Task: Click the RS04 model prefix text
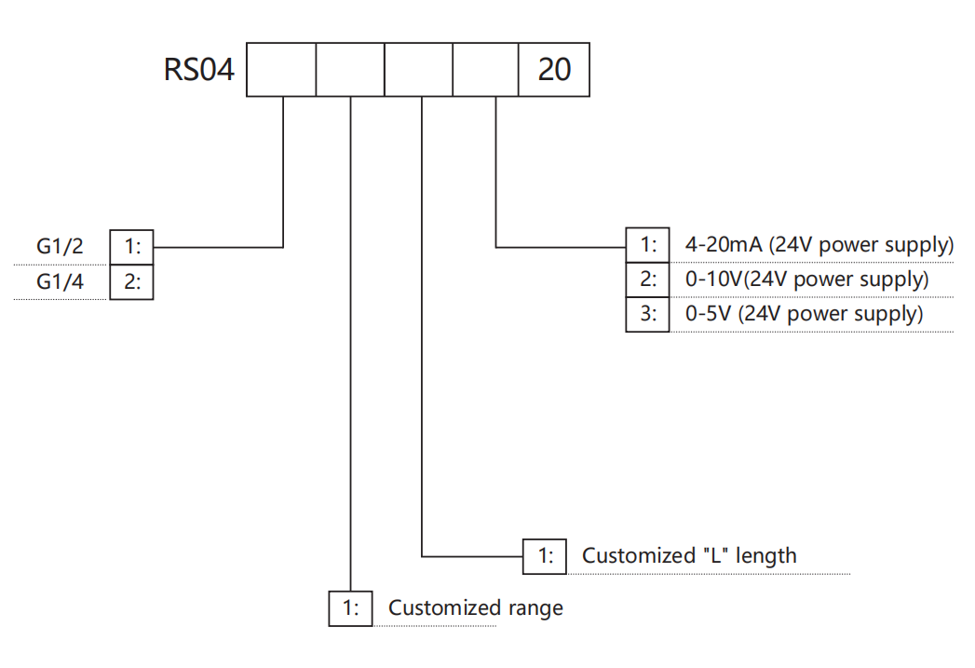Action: click(x=199, y=70)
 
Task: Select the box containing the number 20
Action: click(x=554, y=70)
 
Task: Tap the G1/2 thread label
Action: click(x=61, y=247)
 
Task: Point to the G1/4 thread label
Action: click(x=61, y=281)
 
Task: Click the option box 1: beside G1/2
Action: click(x=131, y=247)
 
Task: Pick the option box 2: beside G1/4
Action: click(x=131, y=281)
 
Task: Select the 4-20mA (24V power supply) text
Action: click(x=819, y=246)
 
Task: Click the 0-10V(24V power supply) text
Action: click(x=806, y=279)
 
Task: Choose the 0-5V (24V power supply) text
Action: click(x=804, y=314)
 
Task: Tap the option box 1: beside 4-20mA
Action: click(x=647, y=246)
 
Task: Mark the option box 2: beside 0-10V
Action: click(x=647, y=279)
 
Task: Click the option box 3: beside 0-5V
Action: click(x=647, y=314)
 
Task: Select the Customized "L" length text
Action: click(x=689, y=556)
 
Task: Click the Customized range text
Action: click(x=475, y=608)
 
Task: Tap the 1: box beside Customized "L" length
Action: click(x=545, y=556)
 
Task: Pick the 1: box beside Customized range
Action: click(x=351, y=608)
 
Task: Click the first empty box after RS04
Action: click(x=281, y=70)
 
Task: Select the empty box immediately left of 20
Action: click(x=486, y=70)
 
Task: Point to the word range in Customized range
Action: click(x=535, y=609)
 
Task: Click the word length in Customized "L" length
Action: click(x=765, y=556)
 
